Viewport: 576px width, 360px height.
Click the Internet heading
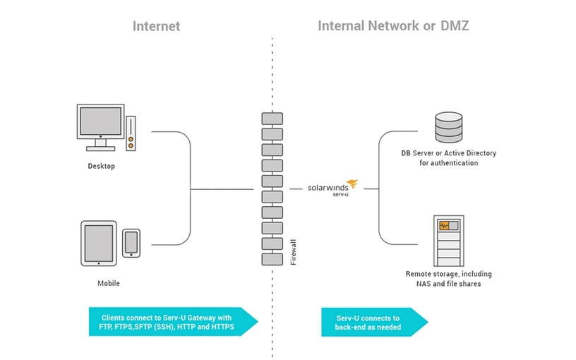[156, 26]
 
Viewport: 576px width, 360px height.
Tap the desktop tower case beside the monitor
[131, 133]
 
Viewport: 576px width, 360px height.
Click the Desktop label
[101, 167]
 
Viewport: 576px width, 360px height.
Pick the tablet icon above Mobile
[98, 244]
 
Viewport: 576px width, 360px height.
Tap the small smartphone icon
[131, 242]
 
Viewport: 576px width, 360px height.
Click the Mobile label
[108, 283]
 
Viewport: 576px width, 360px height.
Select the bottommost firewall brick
[272, 259]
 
